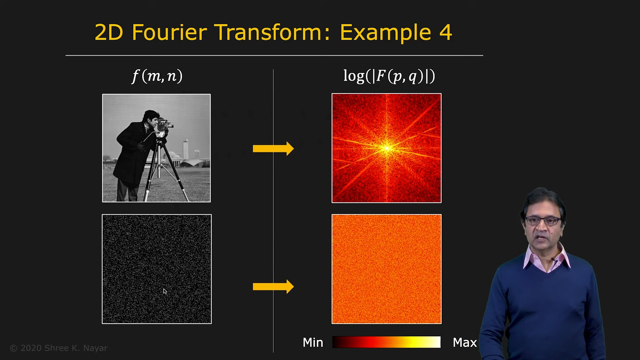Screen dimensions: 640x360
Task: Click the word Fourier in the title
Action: coord(169,32)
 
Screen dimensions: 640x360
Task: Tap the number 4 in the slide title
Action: coord(445,33)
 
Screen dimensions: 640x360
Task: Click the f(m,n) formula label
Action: coord(157,76)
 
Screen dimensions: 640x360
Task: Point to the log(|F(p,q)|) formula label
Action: coord(389,76)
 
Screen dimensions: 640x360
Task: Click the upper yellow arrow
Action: coord(273,148)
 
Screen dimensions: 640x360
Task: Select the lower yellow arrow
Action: coord(273,286)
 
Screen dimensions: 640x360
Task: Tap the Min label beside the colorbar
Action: coord(313,342)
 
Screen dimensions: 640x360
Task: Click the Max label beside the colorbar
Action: coord(465,342)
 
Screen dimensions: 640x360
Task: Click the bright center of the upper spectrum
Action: coord(387,148)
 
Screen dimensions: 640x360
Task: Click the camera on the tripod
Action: coord(164,127)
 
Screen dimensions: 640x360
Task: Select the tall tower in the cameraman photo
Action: coord(185,149)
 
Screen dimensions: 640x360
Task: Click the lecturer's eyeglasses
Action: coord(543,221)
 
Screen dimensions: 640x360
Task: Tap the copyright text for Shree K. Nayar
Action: coord(59,348)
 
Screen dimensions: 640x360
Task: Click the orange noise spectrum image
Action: coord(387,269)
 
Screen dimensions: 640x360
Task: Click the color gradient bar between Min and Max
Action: coord(386,342)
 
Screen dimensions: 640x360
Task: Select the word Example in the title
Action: coord(386,33)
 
